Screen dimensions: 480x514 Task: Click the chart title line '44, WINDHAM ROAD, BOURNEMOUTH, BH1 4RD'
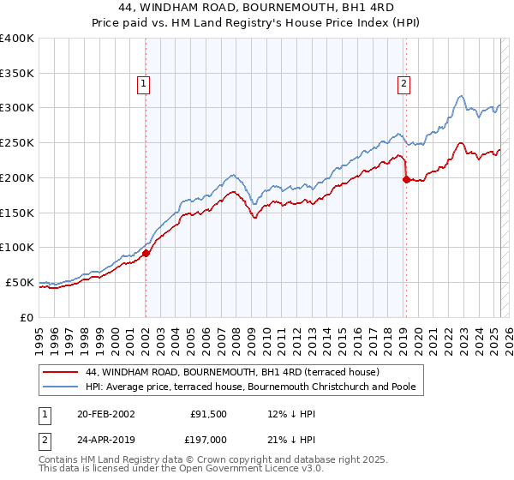(x=256, y=8)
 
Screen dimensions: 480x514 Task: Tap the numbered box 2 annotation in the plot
(x=403, y=83)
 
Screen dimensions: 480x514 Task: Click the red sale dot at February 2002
(x=146, y=253)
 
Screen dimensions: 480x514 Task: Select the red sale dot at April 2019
(x=406, y=179)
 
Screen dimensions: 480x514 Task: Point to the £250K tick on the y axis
(x=17, y=142)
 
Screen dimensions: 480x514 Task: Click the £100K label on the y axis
(x=17, y=247)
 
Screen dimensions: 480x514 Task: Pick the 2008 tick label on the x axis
(x=236, y=334)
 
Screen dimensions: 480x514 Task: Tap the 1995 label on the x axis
(x=39, y=334)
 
